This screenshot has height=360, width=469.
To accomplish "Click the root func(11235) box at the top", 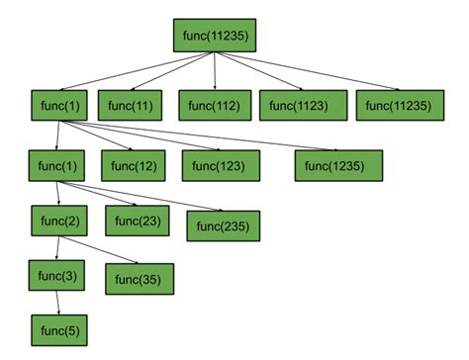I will click(215, 35).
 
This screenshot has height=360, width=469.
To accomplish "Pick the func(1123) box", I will click(302, 107).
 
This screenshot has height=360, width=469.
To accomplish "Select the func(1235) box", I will click(338, 165).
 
